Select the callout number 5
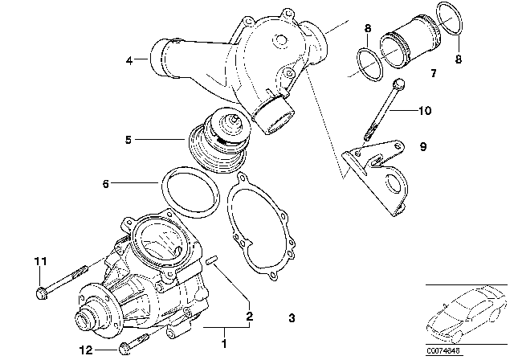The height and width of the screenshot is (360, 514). [x=128, y=139]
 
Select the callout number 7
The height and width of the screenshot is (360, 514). [x=432, y=73]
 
